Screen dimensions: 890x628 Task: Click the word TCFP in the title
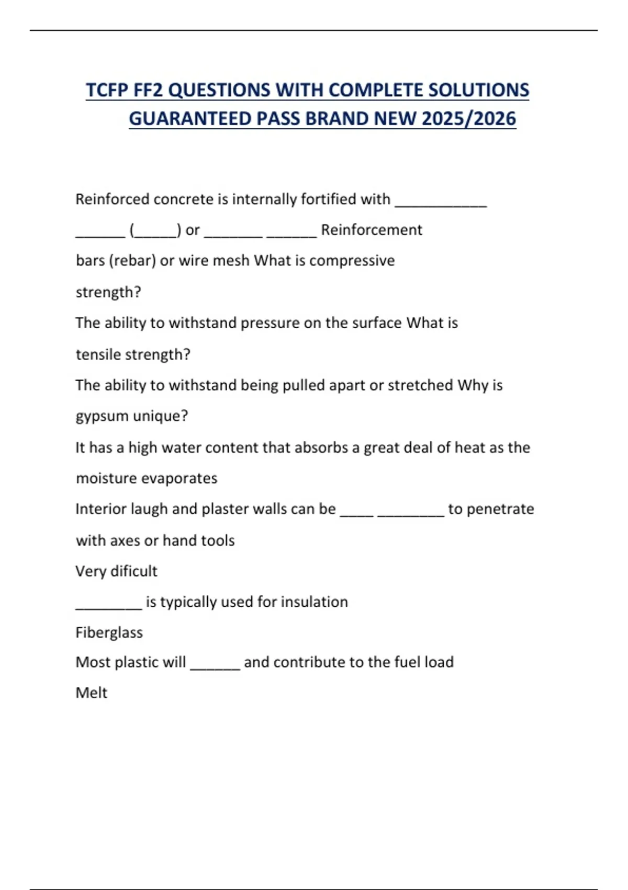coord(107,90)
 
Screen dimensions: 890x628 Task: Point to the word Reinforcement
coord(371,230)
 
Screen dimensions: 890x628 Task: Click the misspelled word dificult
coord(134,571)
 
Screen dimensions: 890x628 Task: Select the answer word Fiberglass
coord(109,632)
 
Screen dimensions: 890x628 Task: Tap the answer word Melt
coord(91,693)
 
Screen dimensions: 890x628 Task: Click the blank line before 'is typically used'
coord(108,606)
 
